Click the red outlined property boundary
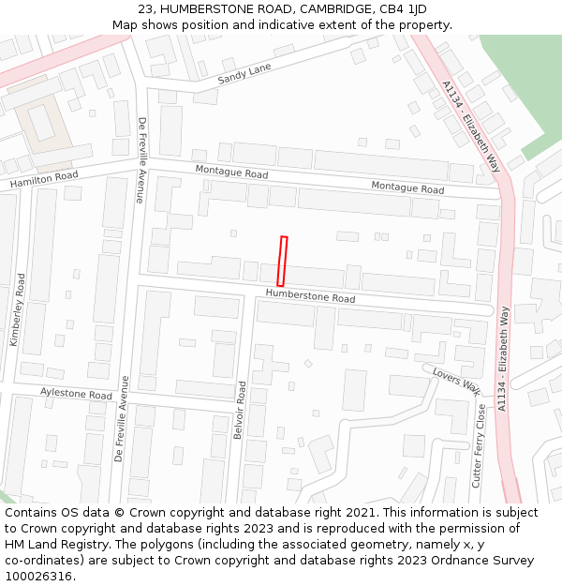point(281,261)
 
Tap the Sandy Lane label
point(244,74)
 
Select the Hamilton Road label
point(44,179)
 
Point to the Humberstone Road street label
point(310,296)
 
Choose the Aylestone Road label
point(76,394)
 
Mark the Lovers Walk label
point(456,381)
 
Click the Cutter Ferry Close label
point(479,445)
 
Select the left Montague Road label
point(231,173)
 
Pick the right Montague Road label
point(407,188)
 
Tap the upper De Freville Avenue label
point(141,159)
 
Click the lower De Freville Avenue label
point(119,418)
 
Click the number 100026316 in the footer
point(37,576)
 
